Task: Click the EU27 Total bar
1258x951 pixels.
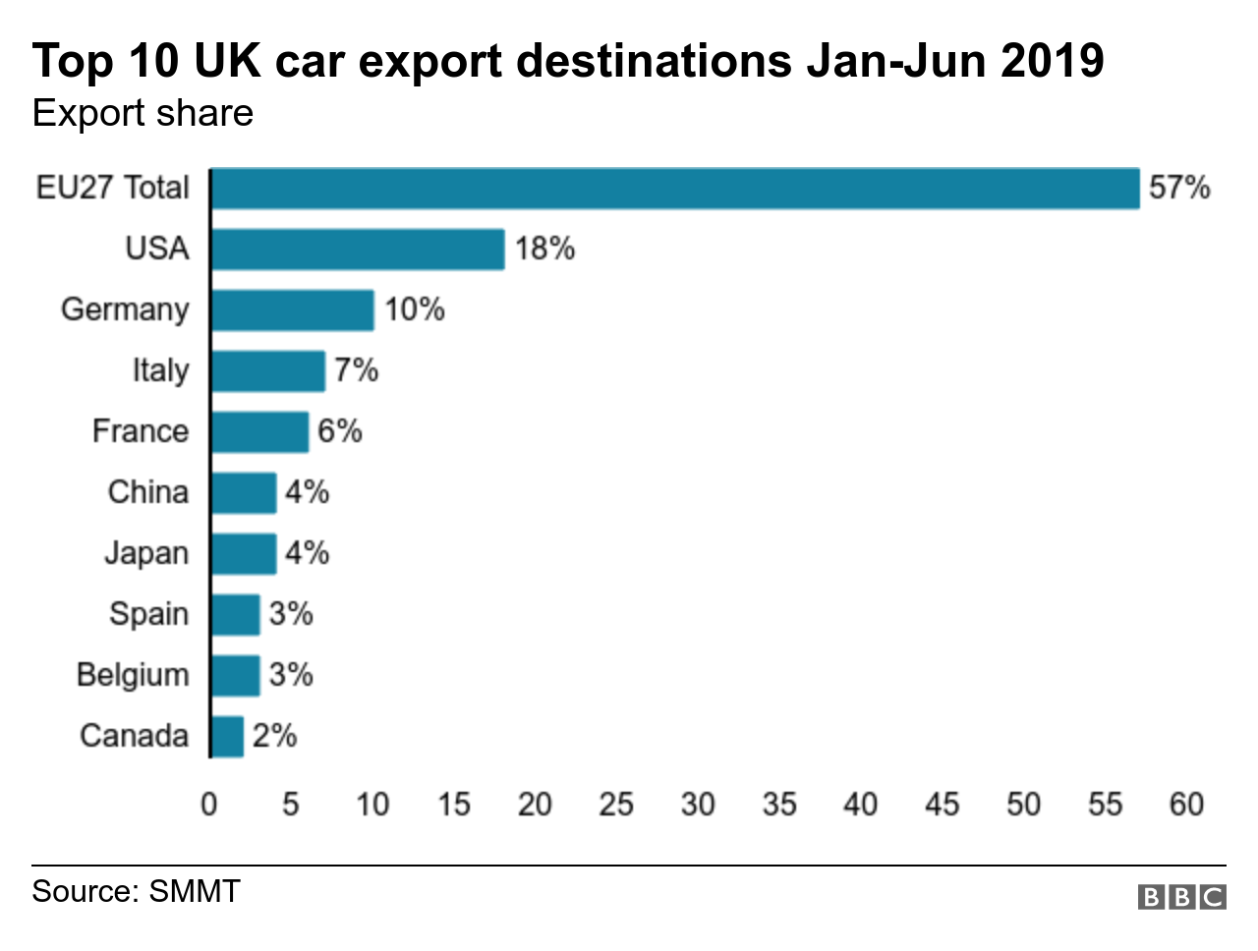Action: click(675, 189)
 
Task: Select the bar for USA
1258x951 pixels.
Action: click(358, 250)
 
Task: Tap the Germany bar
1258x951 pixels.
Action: click(293, 310)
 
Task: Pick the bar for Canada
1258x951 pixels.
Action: click(227, 737)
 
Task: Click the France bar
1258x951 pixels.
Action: click(260, 432)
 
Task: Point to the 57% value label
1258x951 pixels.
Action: click(1178, 188)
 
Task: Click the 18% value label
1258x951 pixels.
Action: click(544, 249)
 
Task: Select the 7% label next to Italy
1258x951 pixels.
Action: click(356, 370)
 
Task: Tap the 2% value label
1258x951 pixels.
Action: click(274, 736)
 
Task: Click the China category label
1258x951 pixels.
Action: click(147, 492)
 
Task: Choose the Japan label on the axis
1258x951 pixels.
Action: click(146, 553)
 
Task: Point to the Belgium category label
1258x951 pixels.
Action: click(133, 675)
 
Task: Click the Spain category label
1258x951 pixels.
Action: click(148, 614)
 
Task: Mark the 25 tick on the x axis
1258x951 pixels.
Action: click(616, 805)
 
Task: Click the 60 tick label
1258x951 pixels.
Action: click(1186, 805)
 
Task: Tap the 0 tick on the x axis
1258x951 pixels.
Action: click(209, 805)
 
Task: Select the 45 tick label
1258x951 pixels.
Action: click(942, 805)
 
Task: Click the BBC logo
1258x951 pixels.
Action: click(1181, 896)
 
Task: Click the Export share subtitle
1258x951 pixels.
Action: click(143, 114)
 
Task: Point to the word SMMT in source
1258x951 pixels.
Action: click(194, 891)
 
